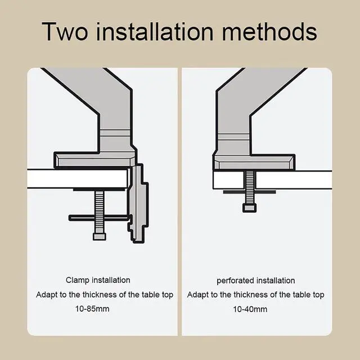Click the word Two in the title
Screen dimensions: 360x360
(x=65, y=31)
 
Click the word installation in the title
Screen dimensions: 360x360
(x=155, y=31)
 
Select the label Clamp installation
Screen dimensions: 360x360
(x=98, y=280)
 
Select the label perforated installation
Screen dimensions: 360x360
(x=256, y=281)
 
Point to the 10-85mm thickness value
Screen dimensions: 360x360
(x=92, y=309)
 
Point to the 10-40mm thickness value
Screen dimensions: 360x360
(x=250, y=309)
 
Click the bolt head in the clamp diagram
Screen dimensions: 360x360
(x=100, y=236)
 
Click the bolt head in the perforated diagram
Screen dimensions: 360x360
(x=250, y=208)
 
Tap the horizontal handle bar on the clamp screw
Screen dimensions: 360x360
(x=99, y=218)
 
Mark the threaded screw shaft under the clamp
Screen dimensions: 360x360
(x=100, y=211)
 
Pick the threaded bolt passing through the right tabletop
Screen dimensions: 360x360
(x=250, y=187)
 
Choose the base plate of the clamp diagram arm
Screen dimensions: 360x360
(x=94, y=160)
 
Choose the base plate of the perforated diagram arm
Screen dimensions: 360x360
(x=254, y=162)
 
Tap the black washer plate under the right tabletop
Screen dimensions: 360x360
(x=250, y=192)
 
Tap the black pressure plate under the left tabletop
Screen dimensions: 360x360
(x=100, y=190)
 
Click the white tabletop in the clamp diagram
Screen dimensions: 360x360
(x=78, y=179)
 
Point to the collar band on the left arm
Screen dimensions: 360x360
(x=115, y=133)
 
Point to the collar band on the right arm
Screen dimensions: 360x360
(x=233, y=137)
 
